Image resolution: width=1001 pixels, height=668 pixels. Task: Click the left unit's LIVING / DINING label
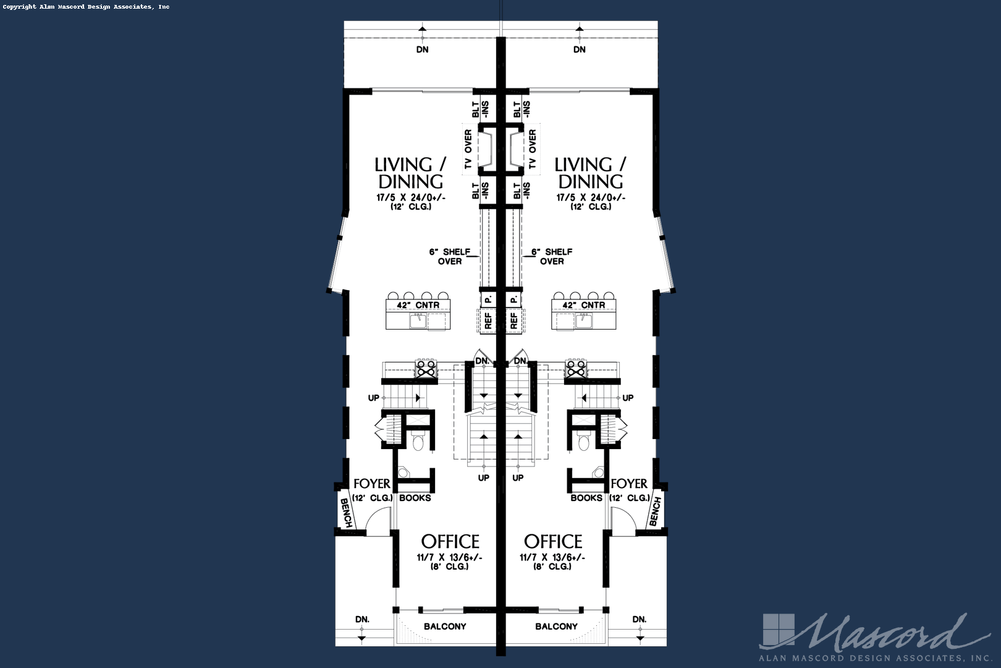(x=410, y=173)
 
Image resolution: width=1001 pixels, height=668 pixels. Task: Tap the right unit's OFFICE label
(x=553, y=542)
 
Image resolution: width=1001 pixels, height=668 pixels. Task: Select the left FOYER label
(x=371, y=484)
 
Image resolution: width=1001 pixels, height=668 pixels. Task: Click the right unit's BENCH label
(x=655, y=512)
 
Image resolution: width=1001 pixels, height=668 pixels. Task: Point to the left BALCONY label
(x=445, y=627)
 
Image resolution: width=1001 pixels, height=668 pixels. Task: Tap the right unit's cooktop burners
(x=576, y=369)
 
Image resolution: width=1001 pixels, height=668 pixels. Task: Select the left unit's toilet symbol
(x=417, y=442)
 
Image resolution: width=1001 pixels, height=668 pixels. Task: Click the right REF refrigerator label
(x=514, y=320)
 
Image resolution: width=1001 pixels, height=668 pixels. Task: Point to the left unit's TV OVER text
(x=468, y=149)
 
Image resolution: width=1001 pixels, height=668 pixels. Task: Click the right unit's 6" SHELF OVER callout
(x=551, y=257)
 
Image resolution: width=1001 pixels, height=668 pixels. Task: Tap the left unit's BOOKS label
(x=415, y=498)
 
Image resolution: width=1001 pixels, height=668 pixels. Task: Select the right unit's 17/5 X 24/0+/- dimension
(x=591, y=198)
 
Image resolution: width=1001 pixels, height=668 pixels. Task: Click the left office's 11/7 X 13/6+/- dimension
(x=449, y=557)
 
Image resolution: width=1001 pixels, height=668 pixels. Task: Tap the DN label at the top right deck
(x=579, y=49)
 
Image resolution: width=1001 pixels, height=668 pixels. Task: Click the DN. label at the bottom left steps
(x=363, y=619)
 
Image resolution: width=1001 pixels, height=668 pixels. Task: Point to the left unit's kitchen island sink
(x=418, y=320)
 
